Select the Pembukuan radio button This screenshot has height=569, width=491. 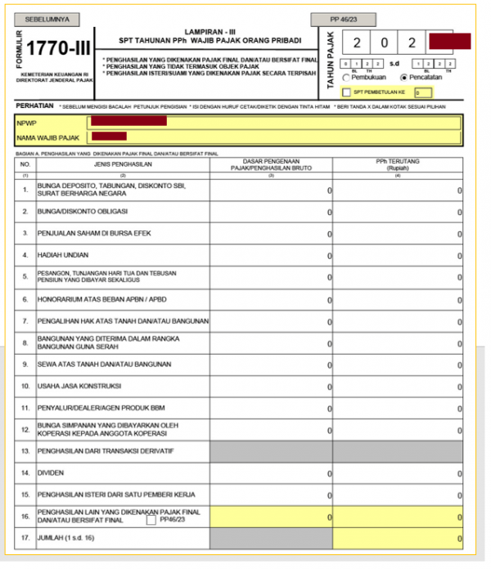[x=346, y=77]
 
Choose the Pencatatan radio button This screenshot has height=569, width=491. [x=403, y=77]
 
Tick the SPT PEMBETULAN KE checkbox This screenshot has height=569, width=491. [x=346, y=93]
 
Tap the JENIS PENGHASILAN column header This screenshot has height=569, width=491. [x=123, y=162]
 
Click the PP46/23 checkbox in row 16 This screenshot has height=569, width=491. [x=151, y=520]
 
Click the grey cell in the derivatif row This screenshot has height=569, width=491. [x=271, y=450]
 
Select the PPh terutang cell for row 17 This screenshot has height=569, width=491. [x=398, y=539]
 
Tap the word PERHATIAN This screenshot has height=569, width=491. [x=34, y=106]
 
